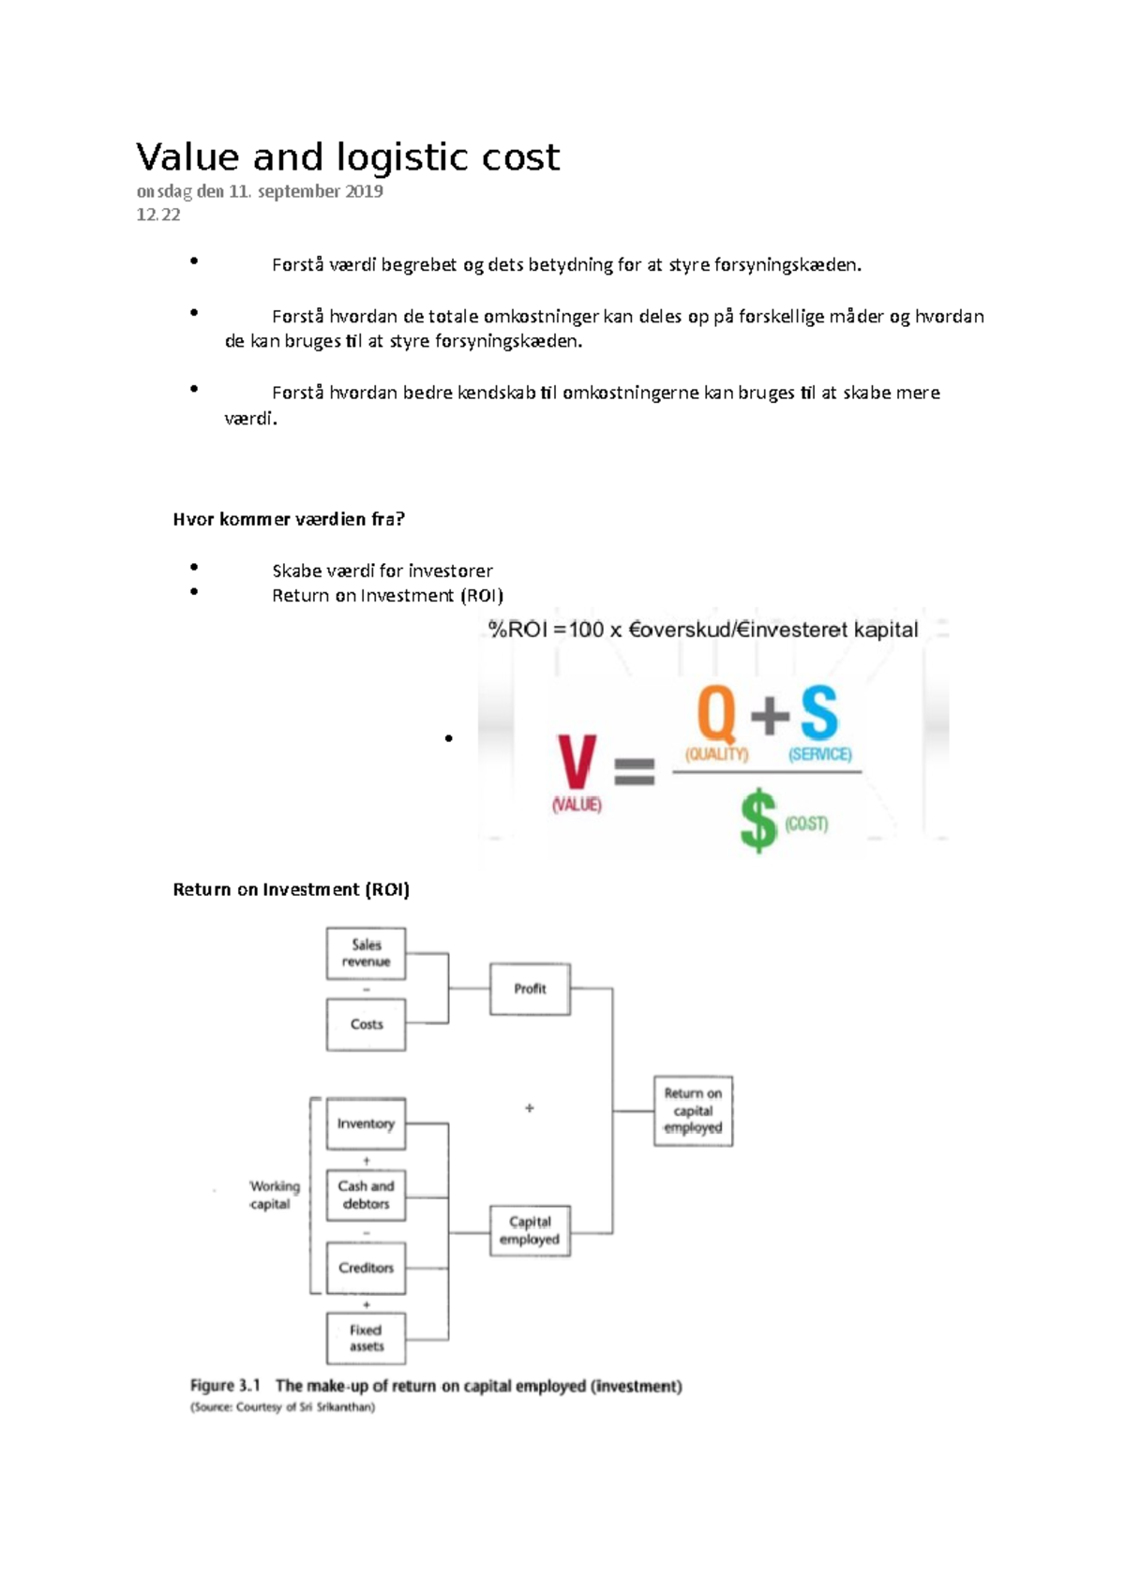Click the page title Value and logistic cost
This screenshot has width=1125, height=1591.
348,157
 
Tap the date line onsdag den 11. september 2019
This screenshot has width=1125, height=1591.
260,191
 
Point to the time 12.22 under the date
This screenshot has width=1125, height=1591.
158,215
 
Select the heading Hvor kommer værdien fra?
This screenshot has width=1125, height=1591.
289,519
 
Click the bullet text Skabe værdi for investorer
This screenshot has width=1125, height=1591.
382,571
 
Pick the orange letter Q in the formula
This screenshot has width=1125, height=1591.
717,714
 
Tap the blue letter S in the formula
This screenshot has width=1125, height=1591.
818,714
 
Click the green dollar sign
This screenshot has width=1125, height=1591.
758,820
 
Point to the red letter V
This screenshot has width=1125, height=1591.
577,762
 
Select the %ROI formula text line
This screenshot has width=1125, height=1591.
703,630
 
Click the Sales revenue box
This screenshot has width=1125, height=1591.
366,954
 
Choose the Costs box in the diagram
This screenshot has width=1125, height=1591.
366,1024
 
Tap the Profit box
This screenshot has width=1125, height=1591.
530,989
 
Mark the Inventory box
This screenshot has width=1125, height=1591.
366,1123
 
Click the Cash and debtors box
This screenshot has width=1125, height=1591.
366,1195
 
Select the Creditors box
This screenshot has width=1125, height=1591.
366,1268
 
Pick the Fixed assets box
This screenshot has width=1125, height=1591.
366,1338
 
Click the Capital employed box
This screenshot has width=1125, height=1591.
530,1230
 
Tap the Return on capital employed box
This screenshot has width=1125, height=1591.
693,1110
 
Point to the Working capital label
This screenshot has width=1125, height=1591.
274,1195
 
